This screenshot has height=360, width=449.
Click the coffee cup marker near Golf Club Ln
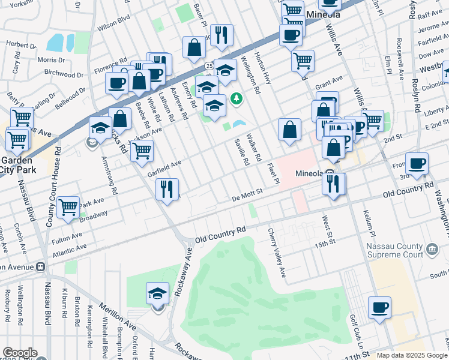click(x=379, y=309)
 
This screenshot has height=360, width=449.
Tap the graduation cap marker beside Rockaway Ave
click(x=157, y=294)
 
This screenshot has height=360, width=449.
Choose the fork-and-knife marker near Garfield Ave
click(x=167, y=190)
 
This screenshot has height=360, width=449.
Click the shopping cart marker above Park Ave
click(x=68, y=208)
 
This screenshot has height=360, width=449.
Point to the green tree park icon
click(x=237, y=97)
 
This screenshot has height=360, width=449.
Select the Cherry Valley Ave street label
click(x=278, y=252)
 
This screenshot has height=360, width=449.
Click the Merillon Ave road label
click(x=118, y=317)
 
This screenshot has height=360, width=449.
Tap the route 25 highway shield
click(x=208, y=65)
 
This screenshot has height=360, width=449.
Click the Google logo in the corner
click(x=20, y=353)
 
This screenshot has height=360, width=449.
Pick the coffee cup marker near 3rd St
click(x=417, y=163)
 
